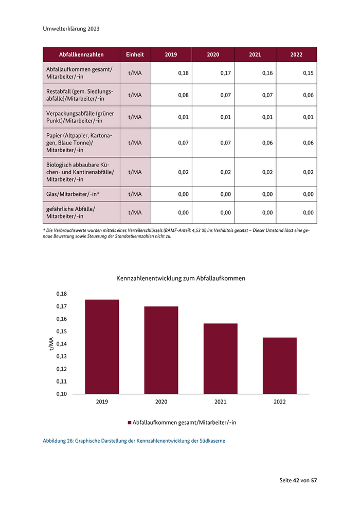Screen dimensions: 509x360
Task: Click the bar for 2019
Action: pos(102,347)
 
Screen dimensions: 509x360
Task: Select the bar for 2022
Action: pos(279,366)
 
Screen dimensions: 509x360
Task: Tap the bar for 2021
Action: pos(220,358)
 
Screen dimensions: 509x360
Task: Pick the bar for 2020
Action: pos(161,350)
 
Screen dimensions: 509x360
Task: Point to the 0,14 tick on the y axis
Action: pos(61,344)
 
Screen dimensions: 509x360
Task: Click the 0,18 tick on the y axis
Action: pos(61,294)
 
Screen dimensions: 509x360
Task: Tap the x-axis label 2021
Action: pos(220,402)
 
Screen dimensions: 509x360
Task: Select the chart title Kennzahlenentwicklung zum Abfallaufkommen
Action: pos(181,278)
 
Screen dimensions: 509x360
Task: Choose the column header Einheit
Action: pos(135,54)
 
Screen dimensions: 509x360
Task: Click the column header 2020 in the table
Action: pos(212,54)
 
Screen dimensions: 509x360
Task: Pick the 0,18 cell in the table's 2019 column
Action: pos(183,73)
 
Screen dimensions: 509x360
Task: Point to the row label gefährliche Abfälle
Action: pos(71,212)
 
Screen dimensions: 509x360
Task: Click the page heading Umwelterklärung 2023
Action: pos(71,29)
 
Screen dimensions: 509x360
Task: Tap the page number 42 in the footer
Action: pos(296,480)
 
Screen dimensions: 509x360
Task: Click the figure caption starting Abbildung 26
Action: pos(134,441)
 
